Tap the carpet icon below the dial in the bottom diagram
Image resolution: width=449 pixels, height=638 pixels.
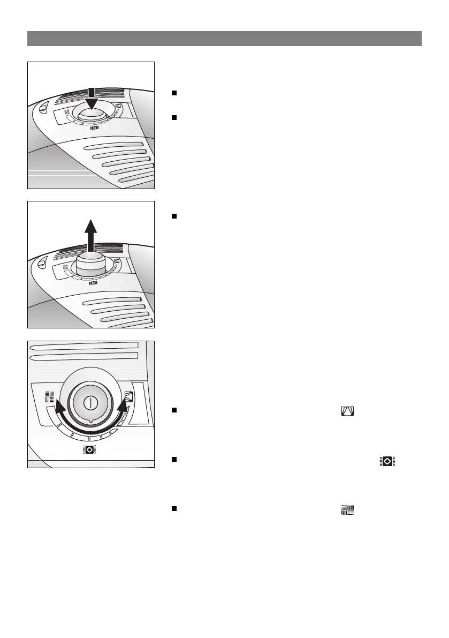point(89,450)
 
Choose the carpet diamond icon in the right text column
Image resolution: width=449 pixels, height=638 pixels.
point(387,461)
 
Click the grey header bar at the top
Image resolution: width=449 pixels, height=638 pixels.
point(224,39)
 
